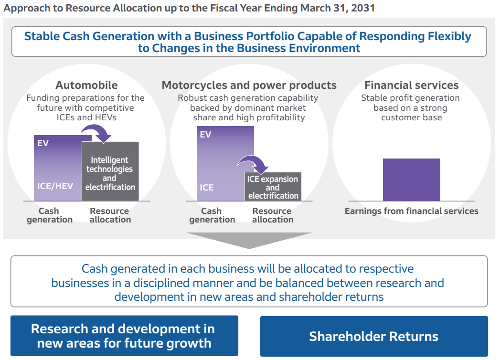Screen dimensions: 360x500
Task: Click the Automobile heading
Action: point(86,85)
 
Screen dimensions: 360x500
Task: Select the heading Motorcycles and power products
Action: point(249,85)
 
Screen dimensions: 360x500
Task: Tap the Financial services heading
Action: point(411,85)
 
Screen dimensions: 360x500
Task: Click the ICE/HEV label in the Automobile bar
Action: point(55,186)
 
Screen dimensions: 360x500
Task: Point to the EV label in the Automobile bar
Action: point(43,143)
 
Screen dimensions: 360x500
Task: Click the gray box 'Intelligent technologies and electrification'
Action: point(110,173)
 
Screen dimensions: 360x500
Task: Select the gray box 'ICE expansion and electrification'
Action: point(273,187)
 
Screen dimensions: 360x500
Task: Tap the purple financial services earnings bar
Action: point(411,180)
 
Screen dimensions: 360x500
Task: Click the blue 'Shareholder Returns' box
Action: point(373,336)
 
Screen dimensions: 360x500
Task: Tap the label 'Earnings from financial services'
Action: point(411,211)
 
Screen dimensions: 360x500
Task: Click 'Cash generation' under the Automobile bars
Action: point(50,215)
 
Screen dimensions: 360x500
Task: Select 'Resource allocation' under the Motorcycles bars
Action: point(273,215)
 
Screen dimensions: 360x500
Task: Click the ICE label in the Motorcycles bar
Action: point(207,188)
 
